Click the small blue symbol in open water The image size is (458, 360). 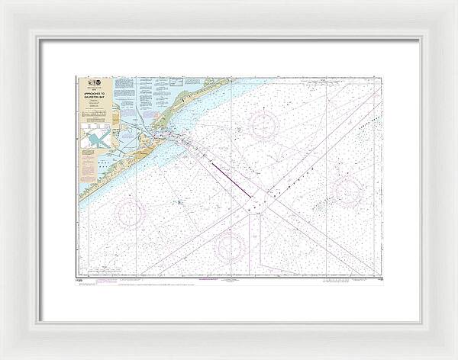178,202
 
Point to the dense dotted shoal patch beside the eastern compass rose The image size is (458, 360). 324,201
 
